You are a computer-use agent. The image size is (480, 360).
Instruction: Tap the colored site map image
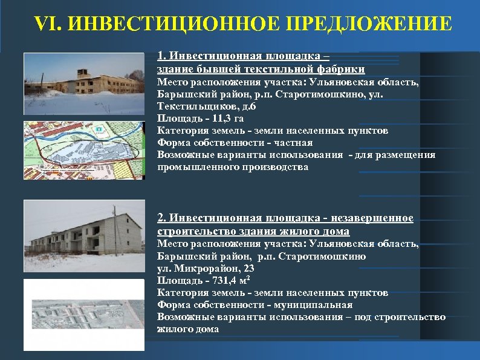[x=83, y=149]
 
